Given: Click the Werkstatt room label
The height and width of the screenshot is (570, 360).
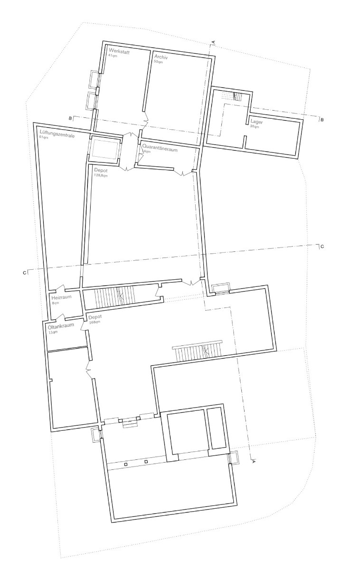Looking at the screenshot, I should tap(119, 51).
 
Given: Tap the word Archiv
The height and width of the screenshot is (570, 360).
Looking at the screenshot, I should tap(161, 57).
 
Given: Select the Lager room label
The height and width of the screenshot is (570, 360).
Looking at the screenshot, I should tap(256, 122).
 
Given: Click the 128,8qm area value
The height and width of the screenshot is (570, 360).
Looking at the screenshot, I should tap(101, 176).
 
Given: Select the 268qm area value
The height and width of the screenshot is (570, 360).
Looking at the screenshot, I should tap(94, 323).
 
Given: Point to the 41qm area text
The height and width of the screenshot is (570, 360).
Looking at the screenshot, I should tap(113, 56).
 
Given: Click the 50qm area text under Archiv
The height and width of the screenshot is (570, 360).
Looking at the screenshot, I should tap(158, 62).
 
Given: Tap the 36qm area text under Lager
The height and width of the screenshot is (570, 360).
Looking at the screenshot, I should tap(255, 127).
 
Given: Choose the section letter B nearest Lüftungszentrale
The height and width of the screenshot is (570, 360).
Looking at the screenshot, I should tap(70, 117).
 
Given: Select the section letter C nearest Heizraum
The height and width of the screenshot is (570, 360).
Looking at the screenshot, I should tap(24, 272).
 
